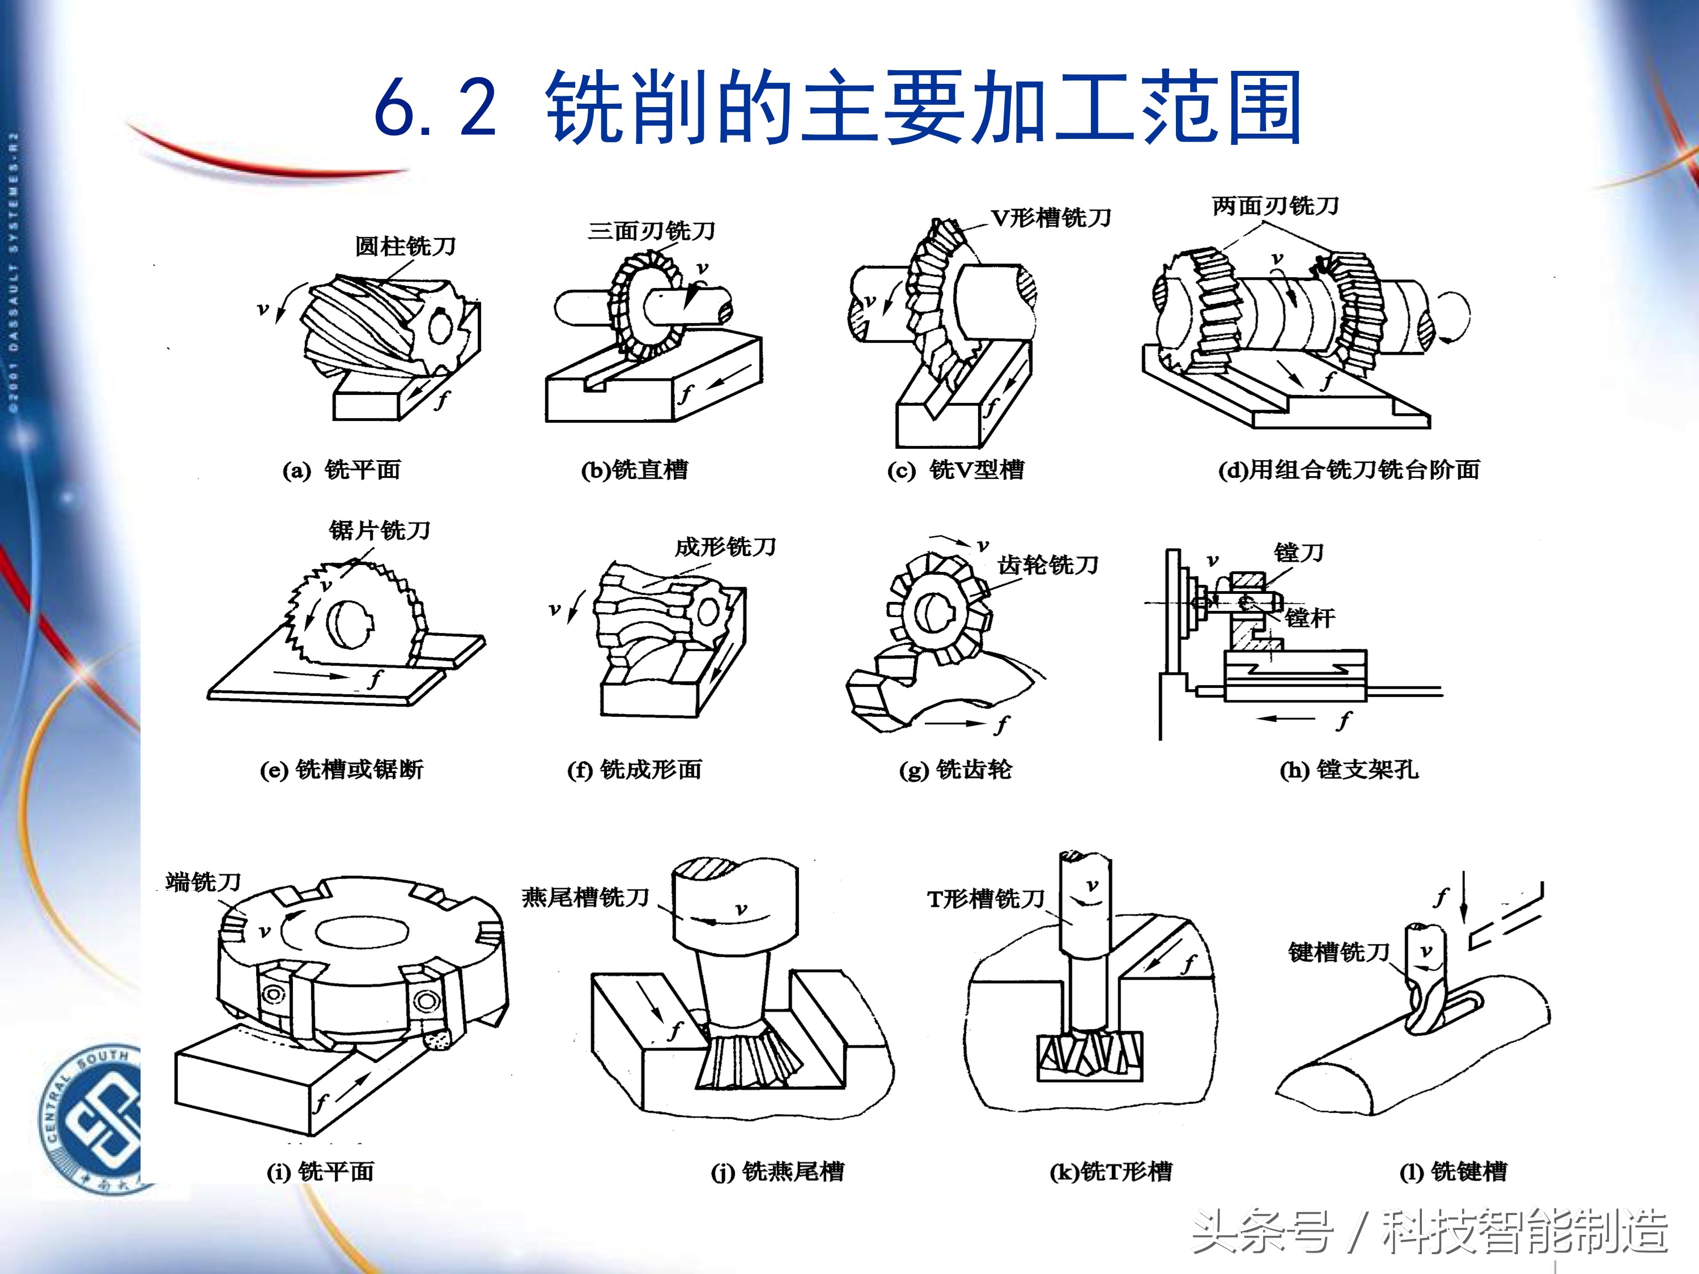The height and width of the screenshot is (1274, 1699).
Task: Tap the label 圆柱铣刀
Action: pos(406,247)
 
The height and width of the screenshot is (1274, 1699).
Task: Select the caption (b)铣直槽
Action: pos(635,469)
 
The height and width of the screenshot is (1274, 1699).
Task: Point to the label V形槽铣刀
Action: pos(1051,218)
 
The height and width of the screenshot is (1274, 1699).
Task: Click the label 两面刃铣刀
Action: pos(1275,206)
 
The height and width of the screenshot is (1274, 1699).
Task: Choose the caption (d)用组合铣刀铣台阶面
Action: pos(1349,469)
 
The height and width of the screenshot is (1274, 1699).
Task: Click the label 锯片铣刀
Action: pos(380,530)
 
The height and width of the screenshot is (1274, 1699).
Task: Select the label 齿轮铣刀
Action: pos(1048,565)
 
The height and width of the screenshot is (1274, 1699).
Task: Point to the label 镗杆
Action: pos(1310,617)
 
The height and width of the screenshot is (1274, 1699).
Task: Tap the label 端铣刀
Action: pos(203,882)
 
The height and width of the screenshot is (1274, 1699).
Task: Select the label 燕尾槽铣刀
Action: pos(585,897)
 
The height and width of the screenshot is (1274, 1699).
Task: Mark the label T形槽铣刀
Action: pos(986,898)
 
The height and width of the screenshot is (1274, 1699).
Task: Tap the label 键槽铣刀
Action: pos(1339,952)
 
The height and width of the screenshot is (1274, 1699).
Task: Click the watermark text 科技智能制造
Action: pos(1524,1231)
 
